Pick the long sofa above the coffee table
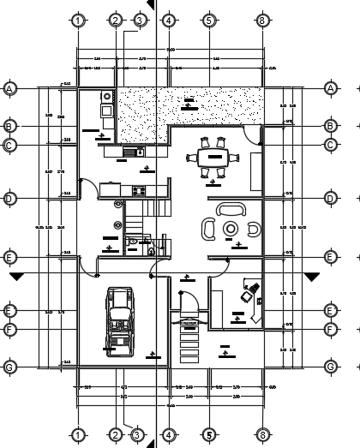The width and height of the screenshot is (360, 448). click(230, 208)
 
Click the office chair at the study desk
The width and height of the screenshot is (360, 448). click(248, 293)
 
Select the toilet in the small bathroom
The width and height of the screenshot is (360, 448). click(134, 242)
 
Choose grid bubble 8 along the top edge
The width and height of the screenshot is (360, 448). click(262, 20)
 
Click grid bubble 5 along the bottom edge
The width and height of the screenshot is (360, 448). click(208, 434)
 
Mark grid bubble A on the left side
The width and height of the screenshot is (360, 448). click(10, 88)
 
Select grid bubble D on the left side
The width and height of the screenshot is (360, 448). click(10, 199)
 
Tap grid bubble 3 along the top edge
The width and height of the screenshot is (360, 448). click(139, 20)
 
